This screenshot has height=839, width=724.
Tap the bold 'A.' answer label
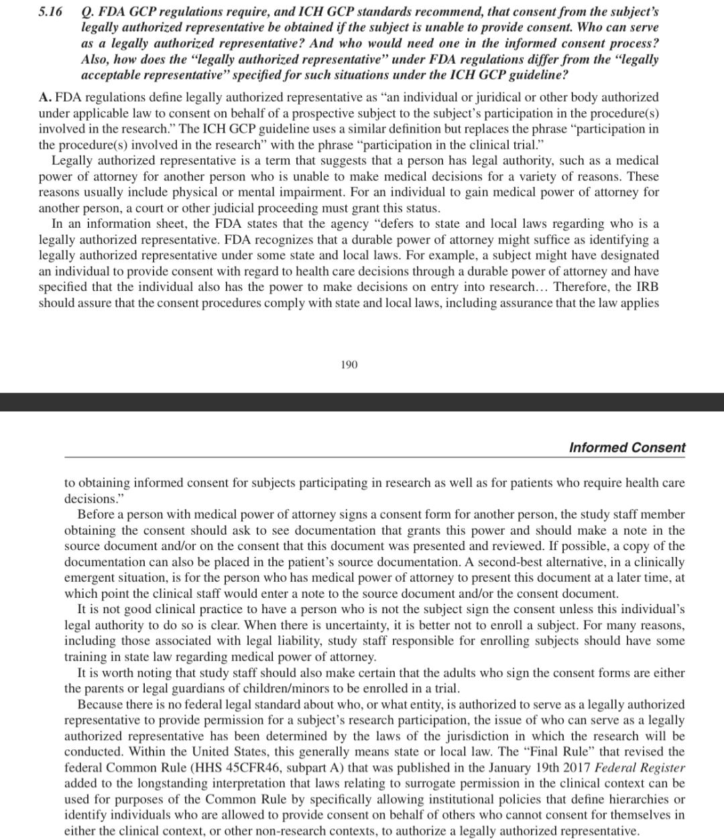(45, 97)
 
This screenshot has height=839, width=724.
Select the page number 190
(349, 365)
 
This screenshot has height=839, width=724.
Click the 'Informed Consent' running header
(627, 448)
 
